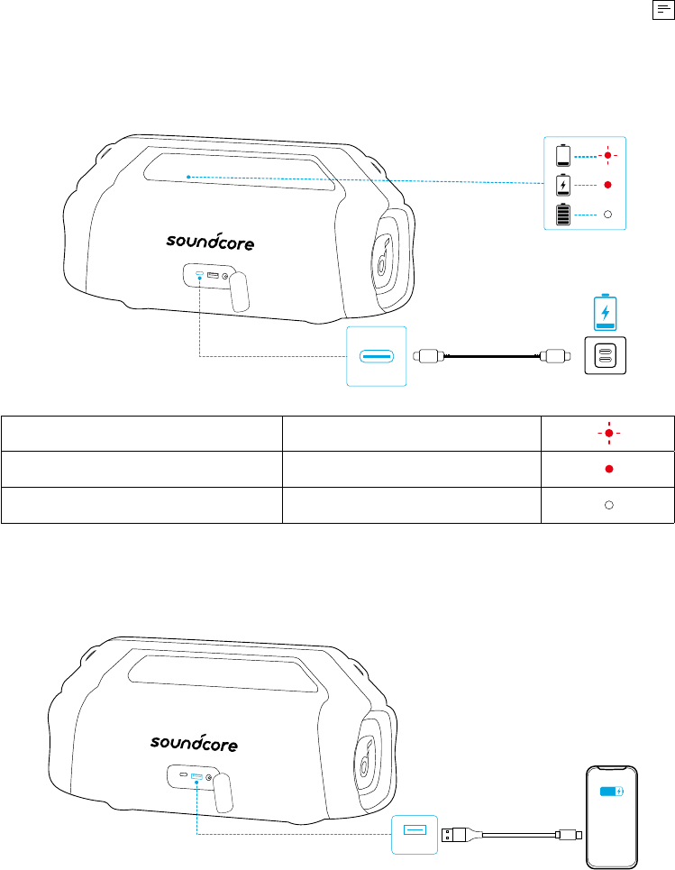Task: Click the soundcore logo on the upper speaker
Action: point(210,242)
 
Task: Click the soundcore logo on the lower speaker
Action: point(194,742)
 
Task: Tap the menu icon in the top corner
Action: point(663,10)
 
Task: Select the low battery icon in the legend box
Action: point(563,155)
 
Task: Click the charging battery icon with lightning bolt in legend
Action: point(563,185)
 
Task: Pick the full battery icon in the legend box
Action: point(563,215)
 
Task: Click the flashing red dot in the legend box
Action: point(608,155)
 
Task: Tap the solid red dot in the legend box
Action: point(608,185)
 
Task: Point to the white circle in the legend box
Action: point(608,215)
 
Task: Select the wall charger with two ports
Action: point(605,355)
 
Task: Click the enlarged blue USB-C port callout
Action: point(377,356)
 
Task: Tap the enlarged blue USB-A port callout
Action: point(415,835)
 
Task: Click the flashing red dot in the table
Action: point(609,433)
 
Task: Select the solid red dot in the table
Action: point(609,469)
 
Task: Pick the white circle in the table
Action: point(609,505)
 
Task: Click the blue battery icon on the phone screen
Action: point(612,792)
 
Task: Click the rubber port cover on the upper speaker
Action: point(239,291)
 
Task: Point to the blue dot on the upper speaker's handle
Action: point(188,177)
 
